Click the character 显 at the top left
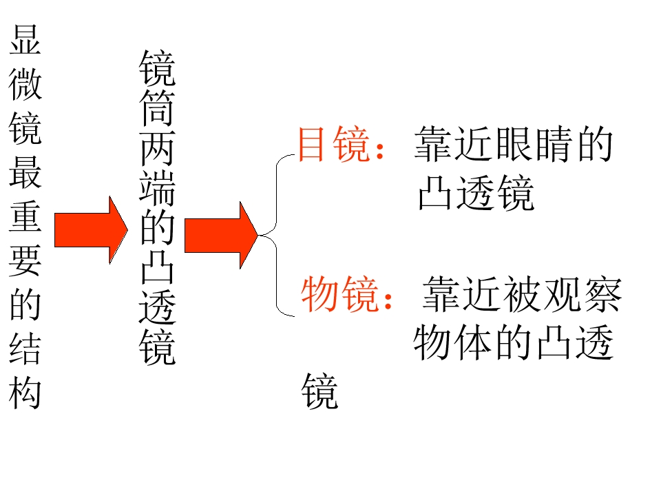coord(25,40)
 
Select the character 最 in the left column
coord(25,172)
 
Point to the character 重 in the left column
coord(25,216)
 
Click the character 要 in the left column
coord(25,260)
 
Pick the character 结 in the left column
coord(25,349)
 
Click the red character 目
coord(311,144)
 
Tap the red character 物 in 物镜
coord(319,294)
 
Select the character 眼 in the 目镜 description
coord(514,144)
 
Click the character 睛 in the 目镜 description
coord(554,144)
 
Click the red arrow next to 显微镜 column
coord(91,230)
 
